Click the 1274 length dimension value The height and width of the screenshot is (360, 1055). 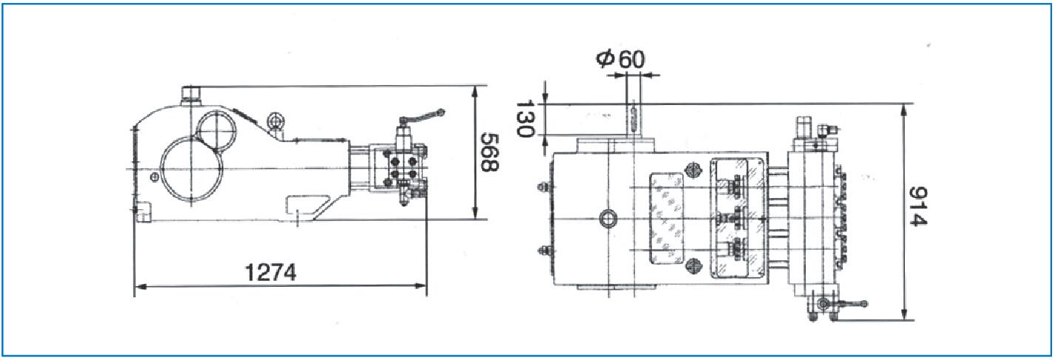point(271,272)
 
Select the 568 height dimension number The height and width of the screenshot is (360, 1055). point(489,152)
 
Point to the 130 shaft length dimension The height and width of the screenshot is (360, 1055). point(525,118)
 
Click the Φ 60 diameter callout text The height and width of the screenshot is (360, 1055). point(620,59)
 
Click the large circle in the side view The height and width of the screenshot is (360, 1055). point(191,169)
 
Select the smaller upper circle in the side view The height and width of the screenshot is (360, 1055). point(217,131)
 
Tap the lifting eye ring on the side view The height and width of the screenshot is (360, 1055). point(274,121)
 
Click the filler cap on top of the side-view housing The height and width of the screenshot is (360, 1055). point(191,96)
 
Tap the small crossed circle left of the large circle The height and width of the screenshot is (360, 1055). point(154,177)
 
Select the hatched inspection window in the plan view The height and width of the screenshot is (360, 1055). point(666,218)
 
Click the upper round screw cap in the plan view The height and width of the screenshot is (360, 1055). point(693,171)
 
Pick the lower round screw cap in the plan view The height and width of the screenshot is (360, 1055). point(693,267)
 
